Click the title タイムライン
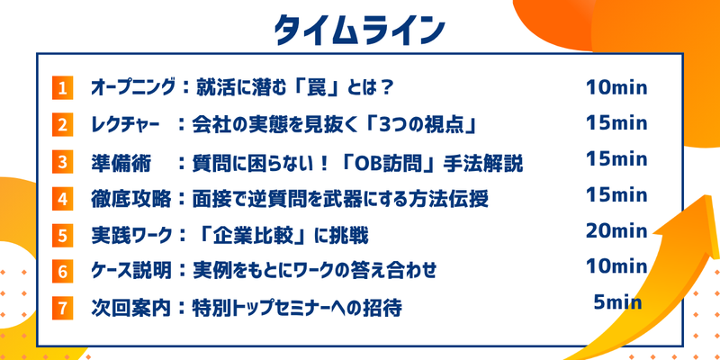pyautogui.click(x=359, y=29)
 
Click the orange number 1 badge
pyautogui.click(x=62, y=88)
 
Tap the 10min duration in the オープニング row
pyautogui.click(x=616, y=87)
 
